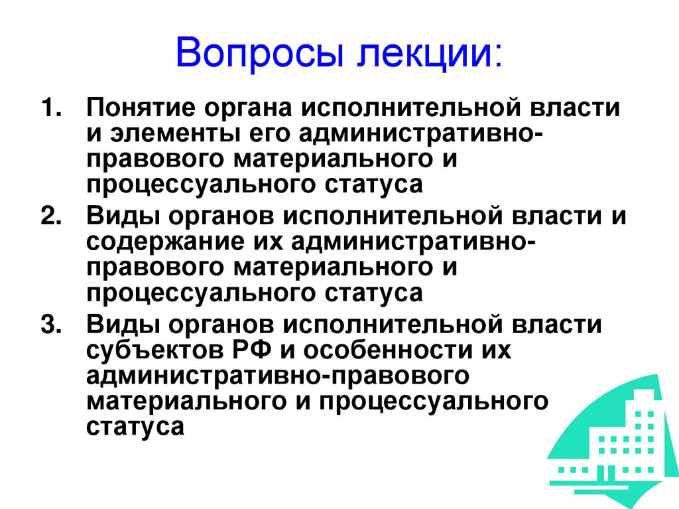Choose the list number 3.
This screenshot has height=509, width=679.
[x=52, y=326]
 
